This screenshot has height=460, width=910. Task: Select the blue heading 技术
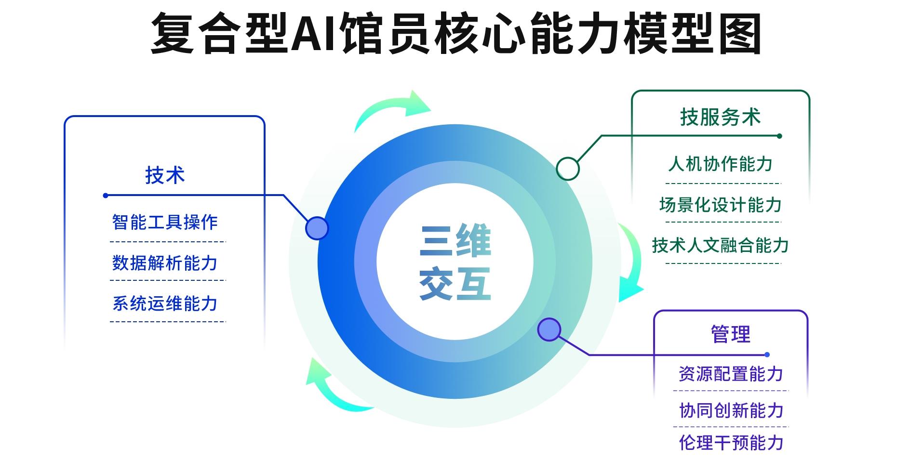[x=165, y=175]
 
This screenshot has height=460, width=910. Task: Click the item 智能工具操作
[x=165, y=223]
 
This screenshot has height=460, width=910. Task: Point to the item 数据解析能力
[x=165, y=263]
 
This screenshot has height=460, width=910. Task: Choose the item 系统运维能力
[x=165, y=304]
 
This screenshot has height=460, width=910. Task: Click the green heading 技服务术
[x=720, y=117]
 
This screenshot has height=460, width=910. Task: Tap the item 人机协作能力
[x=720, y=164]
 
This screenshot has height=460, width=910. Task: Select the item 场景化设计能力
[x=720, y=205]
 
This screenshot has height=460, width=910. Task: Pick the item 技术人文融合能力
[x=720, y=246]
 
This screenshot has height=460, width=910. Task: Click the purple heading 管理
[x=731, y=334]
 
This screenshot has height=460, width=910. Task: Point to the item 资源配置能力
[x=731, y=374]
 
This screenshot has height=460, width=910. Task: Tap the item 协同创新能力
[x=731, y=410]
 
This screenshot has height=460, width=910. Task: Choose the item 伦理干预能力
[x=731, y=443]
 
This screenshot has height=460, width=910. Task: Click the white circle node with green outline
[x=568, y=169]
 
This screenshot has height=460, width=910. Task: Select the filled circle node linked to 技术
[x=317, y=228]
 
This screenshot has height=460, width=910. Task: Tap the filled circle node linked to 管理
[x=549, y=329]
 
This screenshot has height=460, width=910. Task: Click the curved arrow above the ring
[x=393, y=108]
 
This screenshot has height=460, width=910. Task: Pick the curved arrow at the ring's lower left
[x=333, y=388]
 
